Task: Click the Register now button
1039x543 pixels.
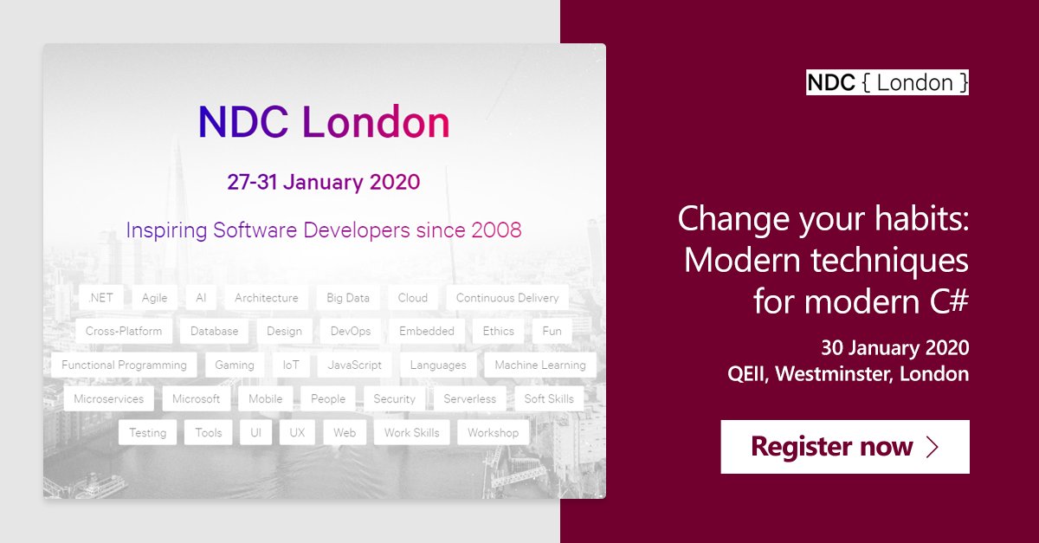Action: tap(844, 447)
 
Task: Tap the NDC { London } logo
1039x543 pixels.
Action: tap(887, 83)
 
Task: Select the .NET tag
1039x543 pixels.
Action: tap(100, 298)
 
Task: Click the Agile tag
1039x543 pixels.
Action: tap(154, 298)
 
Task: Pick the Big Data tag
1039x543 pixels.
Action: tap(348, 298)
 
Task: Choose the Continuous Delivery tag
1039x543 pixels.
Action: tap(507, 298)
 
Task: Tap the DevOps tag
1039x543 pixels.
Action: tap(351, 331)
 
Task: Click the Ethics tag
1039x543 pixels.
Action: tap(499, 331)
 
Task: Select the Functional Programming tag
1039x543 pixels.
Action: tap(124, 365)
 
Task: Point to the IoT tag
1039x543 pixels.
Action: tap(291, 365)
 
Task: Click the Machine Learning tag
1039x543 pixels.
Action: tap(540, 365)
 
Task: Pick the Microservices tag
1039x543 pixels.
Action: tap(109, 398)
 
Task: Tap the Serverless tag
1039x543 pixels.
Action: tap(470, 398)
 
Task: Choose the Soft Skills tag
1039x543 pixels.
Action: tap(549, 398)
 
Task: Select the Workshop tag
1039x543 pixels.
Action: tap(493, 432)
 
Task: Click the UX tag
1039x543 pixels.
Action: tap(297, 432)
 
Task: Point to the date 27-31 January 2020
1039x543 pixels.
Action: tap(324, 182)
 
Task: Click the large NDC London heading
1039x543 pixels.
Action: tap(324, 122)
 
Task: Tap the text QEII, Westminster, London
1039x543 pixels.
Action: tap(848, 374)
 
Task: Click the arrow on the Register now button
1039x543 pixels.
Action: tap(933, 447)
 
